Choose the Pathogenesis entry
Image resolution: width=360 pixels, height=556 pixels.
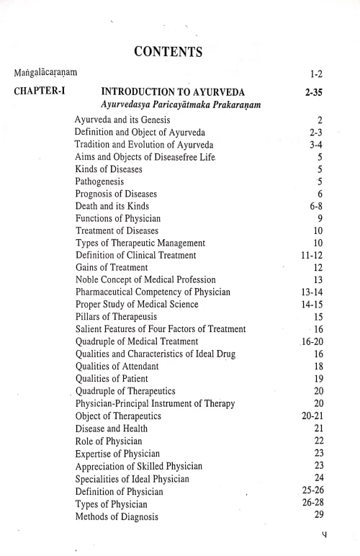104,181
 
